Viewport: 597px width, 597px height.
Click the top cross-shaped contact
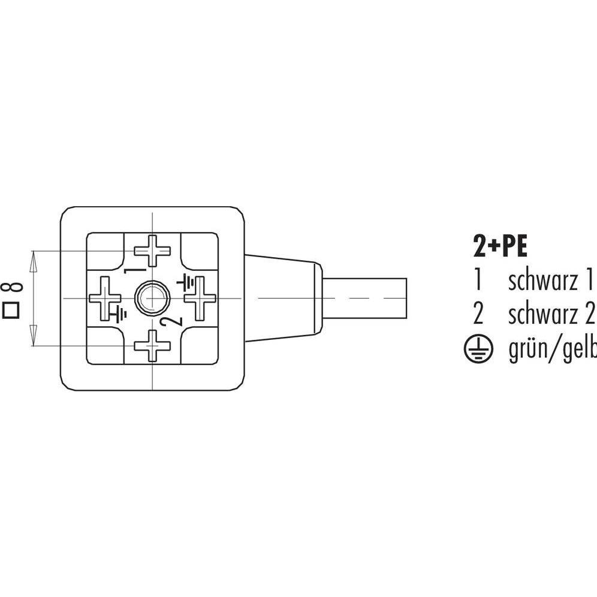[x=153, y=251]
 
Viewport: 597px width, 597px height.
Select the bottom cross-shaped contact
[x=153, y=345]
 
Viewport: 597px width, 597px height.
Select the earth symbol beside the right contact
[x=186, y=280]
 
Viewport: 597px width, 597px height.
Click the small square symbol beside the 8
[x=10, y=310]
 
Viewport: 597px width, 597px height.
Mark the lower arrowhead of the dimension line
[x=34, y=340]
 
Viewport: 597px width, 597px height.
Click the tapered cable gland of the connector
[x=282, y=298]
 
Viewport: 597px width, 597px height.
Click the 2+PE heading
[x=497, y=246]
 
